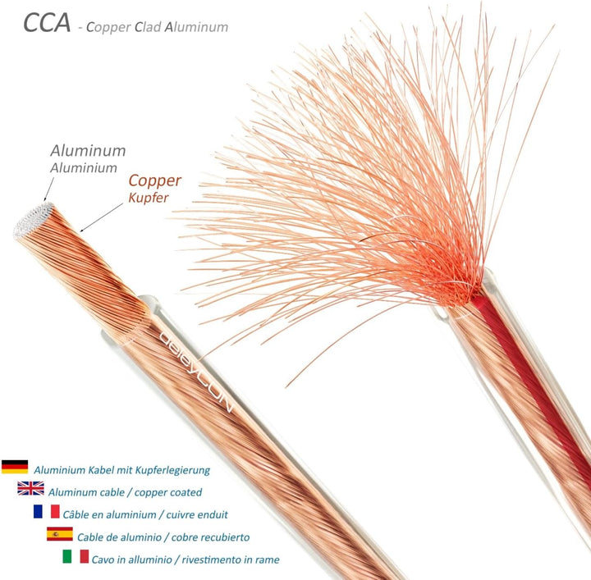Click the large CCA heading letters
coord(47,23)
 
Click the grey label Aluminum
coord(88,151)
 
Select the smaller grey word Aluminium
coord(84,168)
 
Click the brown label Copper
coord(155,181)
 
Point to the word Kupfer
coord(149,198)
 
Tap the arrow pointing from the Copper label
coord(102,217)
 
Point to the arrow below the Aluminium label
coord(48,190)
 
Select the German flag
coord(15,467)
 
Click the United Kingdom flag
coord(30,488)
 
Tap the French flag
coord(46,511)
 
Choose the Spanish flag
coord(60,534)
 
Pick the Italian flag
coord(76,556)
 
